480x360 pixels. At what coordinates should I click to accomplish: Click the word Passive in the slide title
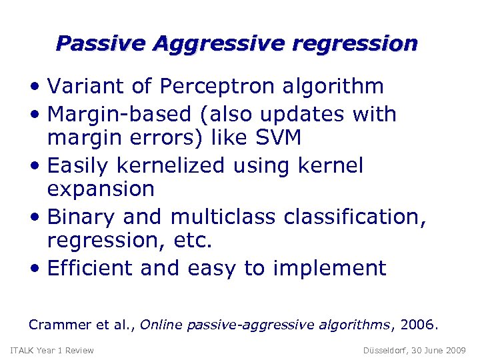click(101, 44)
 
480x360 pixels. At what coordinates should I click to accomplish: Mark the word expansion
click(101, 190)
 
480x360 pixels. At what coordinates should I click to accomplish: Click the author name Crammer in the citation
click(59, 325)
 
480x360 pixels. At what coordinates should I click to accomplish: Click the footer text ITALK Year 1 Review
click(52, 351)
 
